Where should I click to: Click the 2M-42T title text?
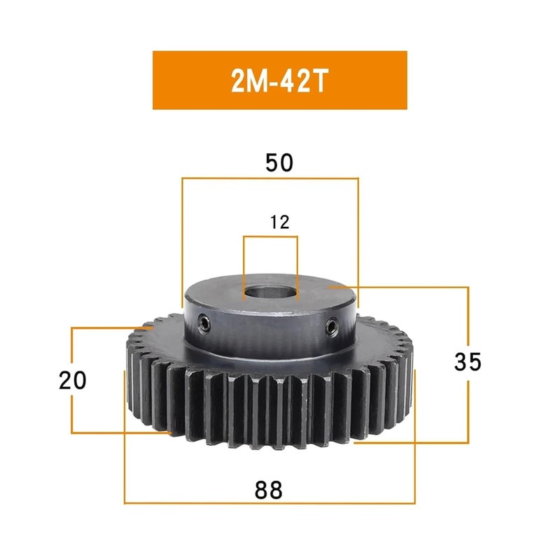tap(279, 80)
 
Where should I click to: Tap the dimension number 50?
tap(279, 162)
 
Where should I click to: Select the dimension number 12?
tap(279, 222)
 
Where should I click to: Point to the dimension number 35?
tap(468, 361)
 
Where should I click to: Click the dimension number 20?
tap(73, 380)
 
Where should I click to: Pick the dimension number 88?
tap(268, 490)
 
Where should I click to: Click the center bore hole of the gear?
tap(270, 293)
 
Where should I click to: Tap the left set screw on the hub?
tap(204, 323)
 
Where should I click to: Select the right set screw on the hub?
tap(331, 327)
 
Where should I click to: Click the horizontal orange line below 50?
tap(270, 178)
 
